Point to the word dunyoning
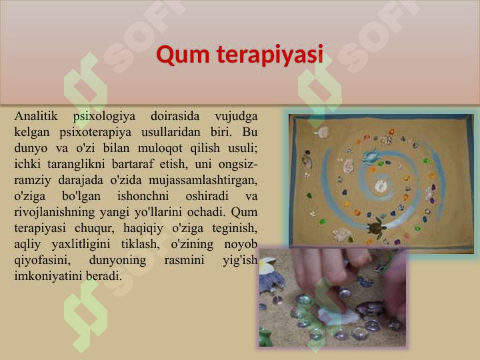coord(119,260)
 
